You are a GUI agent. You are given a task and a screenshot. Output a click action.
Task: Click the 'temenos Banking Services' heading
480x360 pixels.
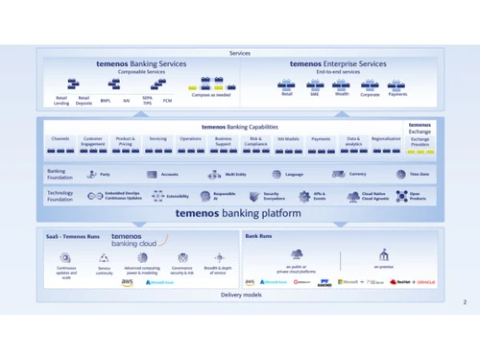pyautogui.click(x=141, y=64)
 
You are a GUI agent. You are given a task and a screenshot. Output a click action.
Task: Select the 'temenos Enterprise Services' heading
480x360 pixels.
pyautogui.click(x=338, y=64)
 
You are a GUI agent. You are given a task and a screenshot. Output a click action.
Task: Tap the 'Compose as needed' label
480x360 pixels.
pyautogui.click(x=211, y=95)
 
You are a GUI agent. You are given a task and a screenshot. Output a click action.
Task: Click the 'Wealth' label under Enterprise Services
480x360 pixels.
pyautogui.click(x=342, y=94)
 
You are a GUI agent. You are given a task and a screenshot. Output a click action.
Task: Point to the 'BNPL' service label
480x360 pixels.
pyautogui.click(x=106, y=101)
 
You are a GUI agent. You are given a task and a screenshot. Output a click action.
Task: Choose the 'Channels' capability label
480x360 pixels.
pyautogui.click(x=60, y=139)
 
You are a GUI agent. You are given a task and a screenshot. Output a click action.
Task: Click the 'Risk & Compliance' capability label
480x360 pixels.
pyautogui.click(x=255, y=141)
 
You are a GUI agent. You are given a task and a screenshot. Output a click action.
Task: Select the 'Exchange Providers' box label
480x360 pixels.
pyautogui.click(x=420, y=141)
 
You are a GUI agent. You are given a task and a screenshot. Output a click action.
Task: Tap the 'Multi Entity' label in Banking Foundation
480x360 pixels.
pyautogui.click(x=236, y=175)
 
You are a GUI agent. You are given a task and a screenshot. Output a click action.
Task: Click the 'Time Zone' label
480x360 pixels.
pyautogui.click(x=419, y=175)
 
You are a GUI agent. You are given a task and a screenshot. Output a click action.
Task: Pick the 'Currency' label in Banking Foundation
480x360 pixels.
pyautogui.click(x=357, y=175)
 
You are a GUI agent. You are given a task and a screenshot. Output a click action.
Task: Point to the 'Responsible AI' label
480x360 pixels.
pyautogui.click(x=225, y=195)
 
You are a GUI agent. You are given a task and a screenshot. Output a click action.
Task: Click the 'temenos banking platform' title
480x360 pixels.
pyautogui.click(x=239, y=214)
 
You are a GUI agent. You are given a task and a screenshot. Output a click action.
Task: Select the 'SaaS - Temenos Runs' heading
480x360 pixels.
pyautogui.click(x=73, y=236)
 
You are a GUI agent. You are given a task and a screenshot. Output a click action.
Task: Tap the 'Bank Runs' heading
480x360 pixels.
pyautogui.click(x=258, y=235)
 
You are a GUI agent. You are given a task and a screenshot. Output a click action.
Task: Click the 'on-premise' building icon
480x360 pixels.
pyautogui.click(x=384, y=254)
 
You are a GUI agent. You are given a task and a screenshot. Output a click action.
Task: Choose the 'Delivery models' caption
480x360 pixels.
pyautogui.click(x=239, y=295)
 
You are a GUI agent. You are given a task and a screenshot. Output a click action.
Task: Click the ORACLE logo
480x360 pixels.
pyautogui.click(x=426, y=282)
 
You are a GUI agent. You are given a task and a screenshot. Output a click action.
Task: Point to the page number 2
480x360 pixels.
pyautogui.click(x=464, y=301)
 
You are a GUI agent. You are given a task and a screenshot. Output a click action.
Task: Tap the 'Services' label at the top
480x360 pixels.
pyautogui.click(x=239, y=53)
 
